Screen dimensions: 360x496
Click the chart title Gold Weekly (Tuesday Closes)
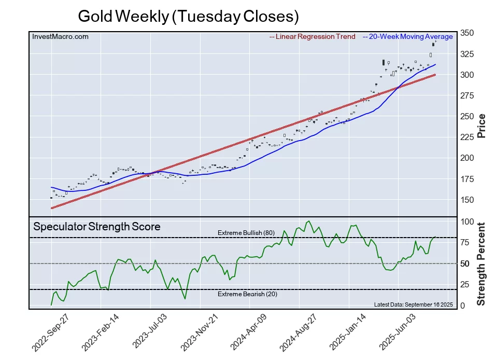coord(188,16)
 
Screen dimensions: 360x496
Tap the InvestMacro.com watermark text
coord(60,36)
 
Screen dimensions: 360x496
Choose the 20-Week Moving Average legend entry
coord(408,36)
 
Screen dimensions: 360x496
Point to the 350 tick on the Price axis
coord(466,33)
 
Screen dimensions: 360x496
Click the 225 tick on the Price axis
coord(466,137)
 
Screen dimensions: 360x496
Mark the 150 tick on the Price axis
coord(466,200)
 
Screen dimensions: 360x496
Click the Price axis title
coord(481,125)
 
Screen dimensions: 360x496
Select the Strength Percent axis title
coord(481,264)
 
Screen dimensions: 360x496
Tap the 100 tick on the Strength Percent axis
coord(466,222)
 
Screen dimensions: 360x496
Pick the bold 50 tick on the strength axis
coord(464,264)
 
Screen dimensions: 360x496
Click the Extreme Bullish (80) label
coord(246,232)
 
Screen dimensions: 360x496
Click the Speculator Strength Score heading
coord(97,227)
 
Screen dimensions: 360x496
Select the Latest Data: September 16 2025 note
coord(413,304)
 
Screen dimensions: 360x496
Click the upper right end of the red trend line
coord(434,75)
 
